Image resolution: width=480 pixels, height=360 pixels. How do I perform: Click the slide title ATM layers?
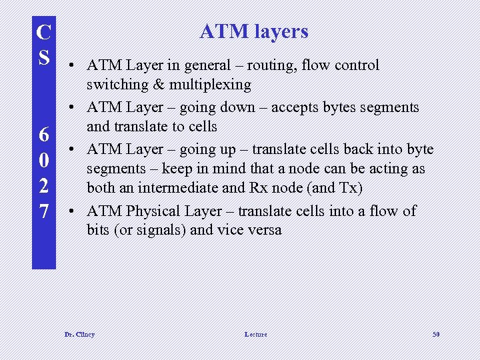tap(254, 31)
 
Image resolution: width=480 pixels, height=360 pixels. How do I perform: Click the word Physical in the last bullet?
tap(154, 211)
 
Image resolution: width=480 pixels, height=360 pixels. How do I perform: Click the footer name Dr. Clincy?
tap(79, 334)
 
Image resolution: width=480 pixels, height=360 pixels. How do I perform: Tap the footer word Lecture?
tap(255, 334)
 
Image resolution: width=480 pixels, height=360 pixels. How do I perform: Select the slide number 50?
tap(435, 334)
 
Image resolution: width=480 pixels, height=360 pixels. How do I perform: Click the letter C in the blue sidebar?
tap(44, 33)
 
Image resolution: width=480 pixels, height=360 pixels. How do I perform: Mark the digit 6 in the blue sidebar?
tap(44, 135)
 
